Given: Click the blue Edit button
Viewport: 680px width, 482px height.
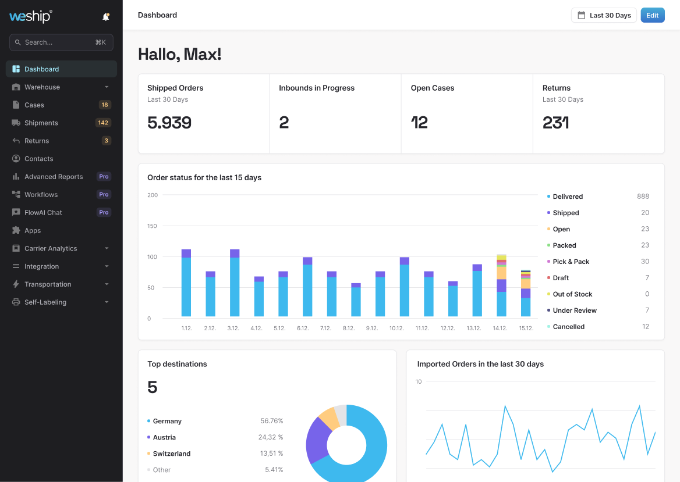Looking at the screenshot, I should (652, 15).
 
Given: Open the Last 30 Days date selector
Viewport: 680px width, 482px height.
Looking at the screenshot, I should (604, 15).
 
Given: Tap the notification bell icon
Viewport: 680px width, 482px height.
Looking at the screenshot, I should (105, 17).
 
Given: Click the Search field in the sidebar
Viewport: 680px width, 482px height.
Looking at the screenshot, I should (61, 42).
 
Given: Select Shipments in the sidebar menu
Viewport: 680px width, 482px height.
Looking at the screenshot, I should (41, 123).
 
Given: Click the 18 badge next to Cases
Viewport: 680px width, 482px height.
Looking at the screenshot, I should (105, 105).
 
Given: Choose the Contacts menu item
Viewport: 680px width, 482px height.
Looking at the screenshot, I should (38, 159).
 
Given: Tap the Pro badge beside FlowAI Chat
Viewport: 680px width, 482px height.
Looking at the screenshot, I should (104, 213).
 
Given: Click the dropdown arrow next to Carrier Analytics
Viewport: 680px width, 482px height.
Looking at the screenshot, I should (107, 249).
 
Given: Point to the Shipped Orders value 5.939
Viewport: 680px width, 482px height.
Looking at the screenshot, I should (169, 123).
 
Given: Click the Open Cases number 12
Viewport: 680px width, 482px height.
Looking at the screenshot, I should (419, 123).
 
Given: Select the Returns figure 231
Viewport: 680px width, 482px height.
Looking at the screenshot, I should (555, 123).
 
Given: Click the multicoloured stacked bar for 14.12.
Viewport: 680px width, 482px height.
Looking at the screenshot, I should (501, 285).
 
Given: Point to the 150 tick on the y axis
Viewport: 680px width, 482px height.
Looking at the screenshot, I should (153, 226).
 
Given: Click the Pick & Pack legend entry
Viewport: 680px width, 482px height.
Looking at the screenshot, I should (571, 262).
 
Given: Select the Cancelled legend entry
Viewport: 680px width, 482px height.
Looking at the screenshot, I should (568, 327).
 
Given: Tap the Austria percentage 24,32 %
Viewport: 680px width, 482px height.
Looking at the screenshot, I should (271, 437).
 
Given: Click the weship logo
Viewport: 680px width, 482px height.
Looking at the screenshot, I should (31, 16).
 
